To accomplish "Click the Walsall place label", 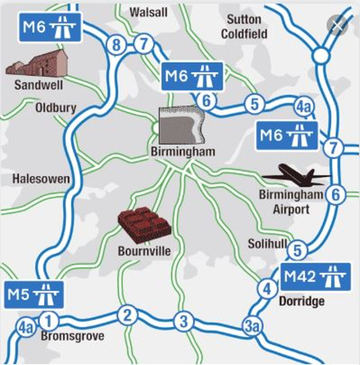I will (x=149, y=12).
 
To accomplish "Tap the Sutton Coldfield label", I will (x=244, y=27).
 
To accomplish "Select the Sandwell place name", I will (x=39, y=84).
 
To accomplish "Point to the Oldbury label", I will (x=56, y=108).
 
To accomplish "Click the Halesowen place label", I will (x=41, y=179).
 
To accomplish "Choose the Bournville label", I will (x=144, y=251).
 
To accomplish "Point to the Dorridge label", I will (x=301, y=301).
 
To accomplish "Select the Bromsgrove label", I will (x=72, y=336).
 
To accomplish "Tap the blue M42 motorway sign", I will (x=316, y=277).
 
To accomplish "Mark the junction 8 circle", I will (x=117, y=45).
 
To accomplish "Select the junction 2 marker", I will (x=127, y=315).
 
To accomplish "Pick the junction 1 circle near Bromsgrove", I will (x=49, y=321).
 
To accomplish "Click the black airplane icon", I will (x=296, y=176).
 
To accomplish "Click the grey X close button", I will (x=337, y=25).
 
